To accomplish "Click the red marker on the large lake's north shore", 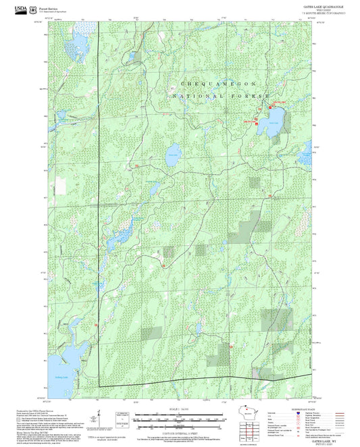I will click(272, 107).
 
